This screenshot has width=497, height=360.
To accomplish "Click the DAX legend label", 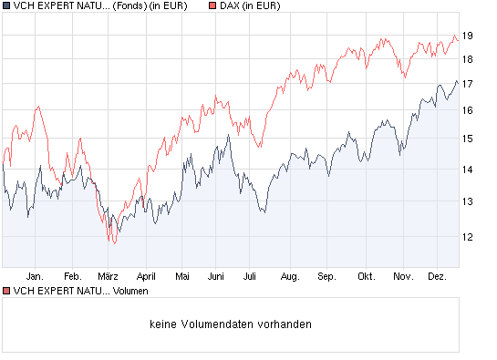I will [x=250, y=6].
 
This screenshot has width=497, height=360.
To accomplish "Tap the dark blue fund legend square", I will [x=6, y=6].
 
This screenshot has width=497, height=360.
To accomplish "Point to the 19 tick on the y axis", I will [x=467, y=36].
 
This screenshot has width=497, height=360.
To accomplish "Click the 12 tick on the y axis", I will [x=467, y=237].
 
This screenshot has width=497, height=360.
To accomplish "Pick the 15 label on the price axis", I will [x=467, y=139].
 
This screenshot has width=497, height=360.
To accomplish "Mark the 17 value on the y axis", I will [x=467, y=84].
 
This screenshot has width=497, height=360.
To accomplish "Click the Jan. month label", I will [x=36, y=275].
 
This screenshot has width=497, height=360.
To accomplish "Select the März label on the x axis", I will [x=109, y=275].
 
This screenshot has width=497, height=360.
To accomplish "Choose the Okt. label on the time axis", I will [x=367, y=275].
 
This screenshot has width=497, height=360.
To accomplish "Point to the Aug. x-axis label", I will [x=290, y=275].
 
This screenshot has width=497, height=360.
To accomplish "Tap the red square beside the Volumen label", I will [x=6, y=291].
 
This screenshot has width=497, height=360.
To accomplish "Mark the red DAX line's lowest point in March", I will [x=112, y=243].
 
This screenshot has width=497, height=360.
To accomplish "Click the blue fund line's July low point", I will [x=264, y=212].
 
